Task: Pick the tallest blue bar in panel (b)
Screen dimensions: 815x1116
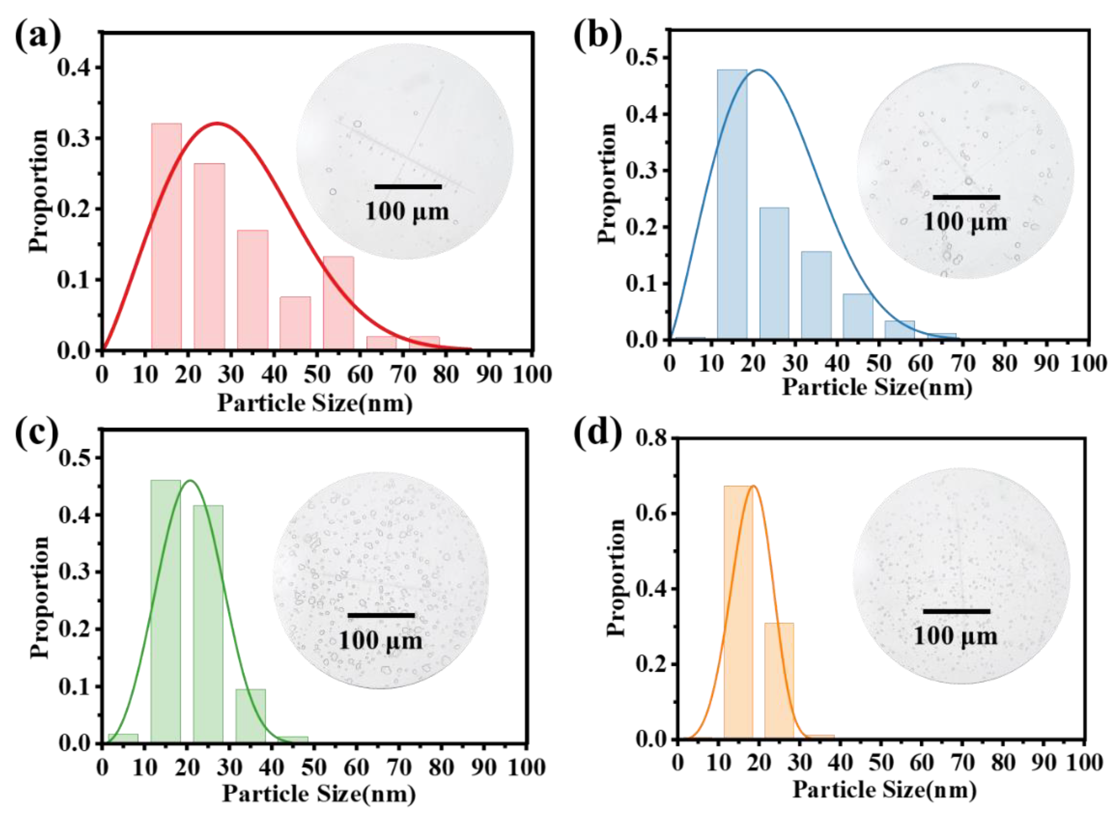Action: [x=732, y=204]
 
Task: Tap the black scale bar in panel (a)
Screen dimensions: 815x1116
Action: [x=408, y=187]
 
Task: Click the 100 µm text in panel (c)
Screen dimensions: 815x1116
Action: [x=380, y=641]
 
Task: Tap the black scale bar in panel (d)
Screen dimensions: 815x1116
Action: [x=957, y=611]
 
